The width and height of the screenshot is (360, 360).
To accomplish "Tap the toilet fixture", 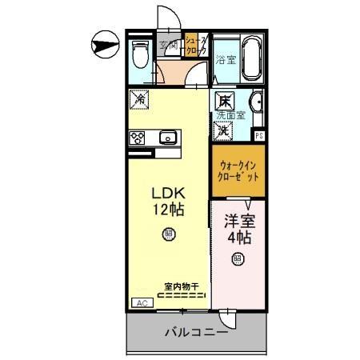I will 141,54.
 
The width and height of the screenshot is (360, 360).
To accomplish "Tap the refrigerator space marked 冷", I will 138,101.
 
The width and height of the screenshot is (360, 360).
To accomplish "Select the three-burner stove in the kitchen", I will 137,138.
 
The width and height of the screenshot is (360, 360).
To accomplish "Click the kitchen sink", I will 168,138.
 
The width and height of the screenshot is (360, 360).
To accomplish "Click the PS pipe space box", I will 258,135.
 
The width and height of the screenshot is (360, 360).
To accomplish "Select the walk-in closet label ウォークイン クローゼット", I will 238,171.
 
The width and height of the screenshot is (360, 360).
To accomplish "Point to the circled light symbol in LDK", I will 169,234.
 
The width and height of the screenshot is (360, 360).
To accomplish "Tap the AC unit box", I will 141,303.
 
